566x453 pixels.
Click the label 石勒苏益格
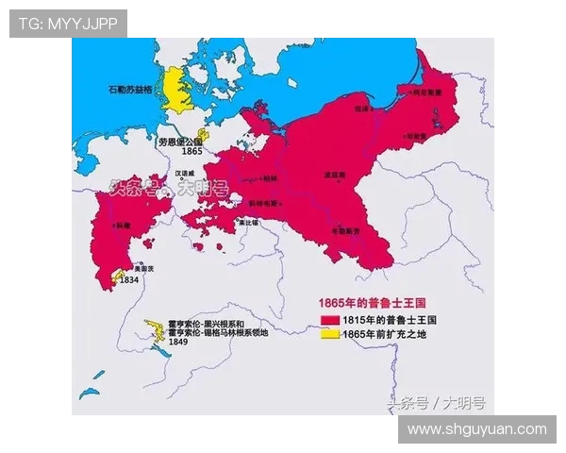click(x=131, y=92)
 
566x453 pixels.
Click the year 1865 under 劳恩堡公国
click(x=191, y=151)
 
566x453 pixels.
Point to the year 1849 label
click(x=178, y=342)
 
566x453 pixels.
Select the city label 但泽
click(x=360, y=109)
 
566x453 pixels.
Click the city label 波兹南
click(x=332, y=176)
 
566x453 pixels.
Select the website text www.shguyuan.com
click(x=476, y=429)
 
